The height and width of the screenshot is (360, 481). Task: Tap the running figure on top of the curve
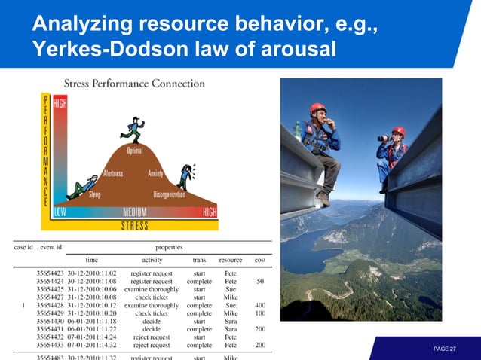coord(133,130)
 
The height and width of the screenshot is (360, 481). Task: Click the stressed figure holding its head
coord(185,177)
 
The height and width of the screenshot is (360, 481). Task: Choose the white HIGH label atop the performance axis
coord(59,106)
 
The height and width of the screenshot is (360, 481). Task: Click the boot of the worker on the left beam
coord(323,197)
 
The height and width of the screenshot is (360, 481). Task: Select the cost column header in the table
coord(259,259)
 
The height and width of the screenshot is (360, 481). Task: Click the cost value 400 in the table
coord(259,307)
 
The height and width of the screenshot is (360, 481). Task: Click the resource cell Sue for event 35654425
coord(231,289)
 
